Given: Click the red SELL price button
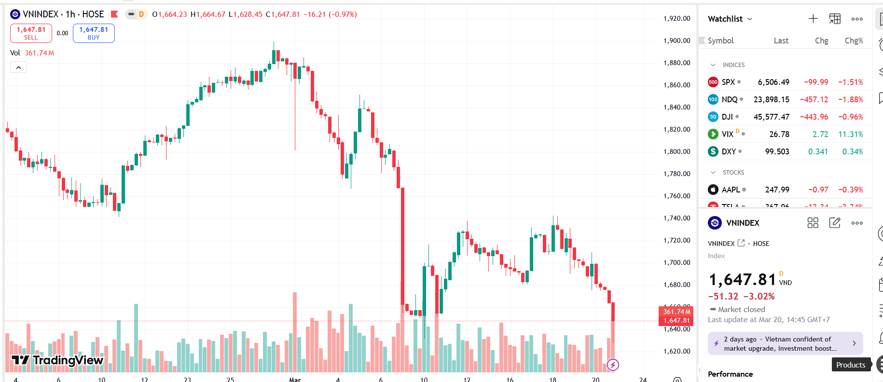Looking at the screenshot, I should point(31,33).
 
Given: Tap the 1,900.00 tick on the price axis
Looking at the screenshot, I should point(676,41).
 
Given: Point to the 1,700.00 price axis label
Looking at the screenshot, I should point(676,262).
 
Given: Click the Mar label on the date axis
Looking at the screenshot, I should point(295,380).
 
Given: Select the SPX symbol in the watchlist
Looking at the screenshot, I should point(728,82).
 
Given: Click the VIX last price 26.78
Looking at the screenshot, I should point(779,134).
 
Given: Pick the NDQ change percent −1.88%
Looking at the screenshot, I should point(850,99).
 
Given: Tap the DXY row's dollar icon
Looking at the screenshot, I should point(713,151).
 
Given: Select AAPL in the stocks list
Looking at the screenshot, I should point(731,190).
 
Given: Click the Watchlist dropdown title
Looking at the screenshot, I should point(730,19).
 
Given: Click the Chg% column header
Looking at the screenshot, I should point(854,41).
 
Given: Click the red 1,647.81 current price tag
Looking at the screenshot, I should point(676,320).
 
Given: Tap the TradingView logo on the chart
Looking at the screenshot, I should point(57,360).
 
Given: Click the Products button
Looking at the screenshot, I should point(851,365).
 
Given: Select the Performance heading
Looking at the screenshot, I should point(730,374).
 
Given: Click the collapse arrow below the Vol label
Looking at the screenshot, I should point(18,68).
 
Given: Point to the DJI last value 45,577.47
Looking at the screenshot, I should point(771,117).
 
